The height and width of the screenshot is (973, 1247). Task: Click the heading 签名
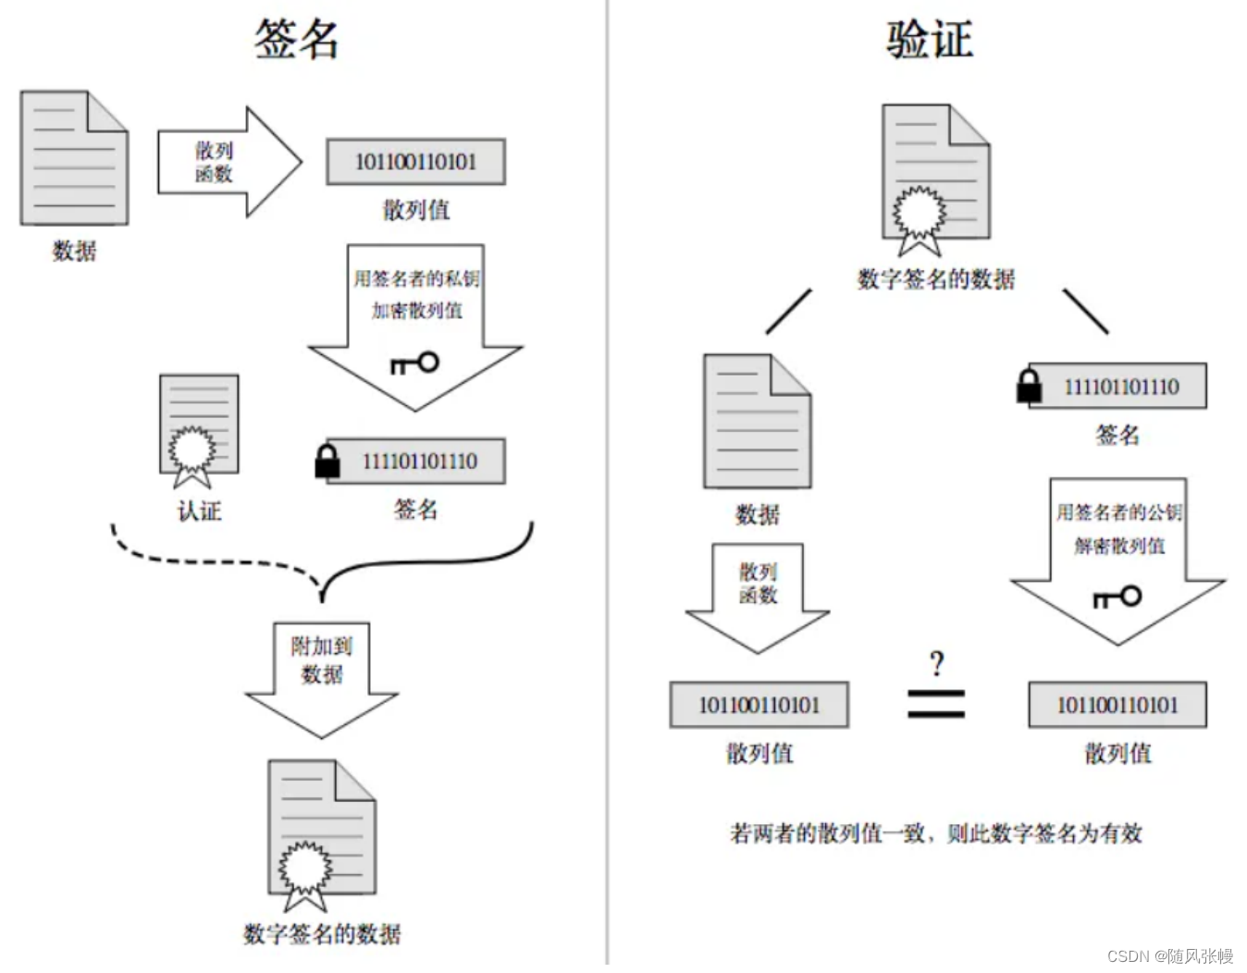[x=296, y=39]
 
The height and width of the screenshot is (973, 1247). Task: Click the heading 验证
[x=930, y=39]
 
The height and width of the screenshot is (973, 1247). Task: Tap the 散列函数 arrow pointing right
[x=229, y=163]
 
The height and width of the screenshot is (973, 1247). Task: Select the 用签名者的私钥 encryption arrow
[x=415, y=327]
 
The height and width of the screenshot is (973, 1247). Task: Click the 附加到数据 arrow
[x=321, y=681]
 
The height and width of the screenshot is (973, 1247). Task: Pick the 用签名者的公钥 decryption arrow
[x=1117, y=561]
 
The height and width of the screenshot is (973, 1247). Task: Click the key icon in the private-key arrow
[x=415, y=363]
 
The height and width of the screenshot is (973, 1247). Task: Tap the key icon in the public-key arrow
[x=1117, y=597]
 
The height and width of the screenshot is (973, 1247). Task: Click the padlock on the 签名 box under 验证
[x=1029, y=386]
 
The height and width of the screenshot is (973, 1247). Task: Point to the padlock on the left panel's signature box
[x=327, y=462]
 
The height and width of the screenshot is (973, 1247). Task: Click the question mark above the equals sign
[x=936, y=664]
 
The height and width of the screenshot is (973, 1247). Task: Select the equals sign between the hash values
[x=936, y=704]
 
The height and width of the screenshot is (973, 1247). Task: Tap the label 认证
[x=199, y=511]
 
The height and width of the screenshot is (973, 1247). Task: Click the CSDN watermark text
[x=1170, y=955]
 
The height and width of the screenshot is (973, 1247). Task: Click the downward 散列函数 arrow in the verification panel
[x=758, y=598]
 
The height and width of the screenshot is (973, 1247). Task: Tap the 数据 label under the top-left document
[x=74, y=252]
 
